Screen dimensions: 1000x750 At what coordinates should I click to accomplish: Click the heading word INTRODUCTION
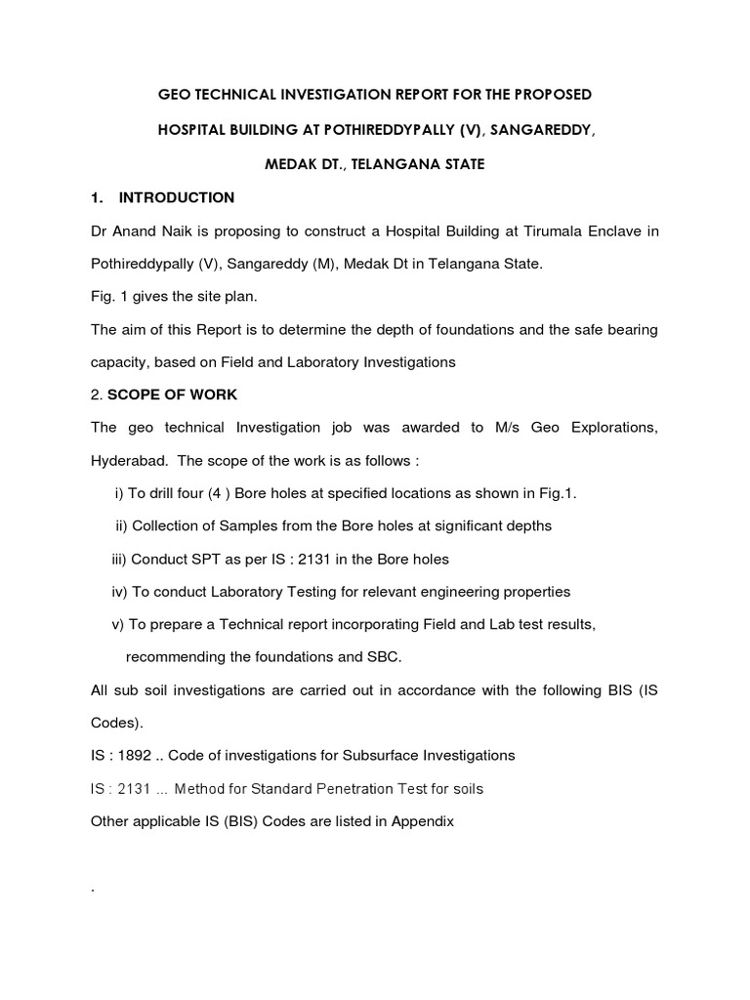[176, 197]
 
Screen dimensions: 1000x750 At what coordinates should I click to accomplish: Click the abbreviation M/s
[520, 428]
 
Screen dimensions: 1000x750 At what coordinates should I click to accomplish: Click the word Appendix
[423, 821]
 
